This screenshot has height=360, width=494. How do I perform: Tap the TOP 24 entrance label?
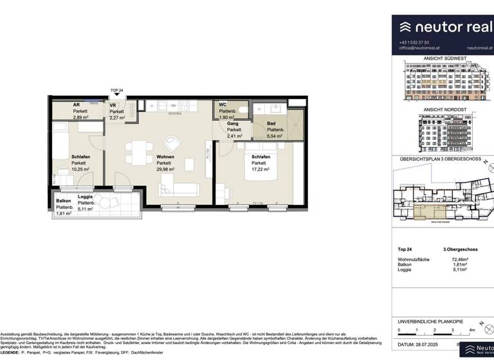click(x=116, y=91)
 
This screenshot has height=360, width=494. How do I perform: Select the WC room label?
click(x=223, y=105)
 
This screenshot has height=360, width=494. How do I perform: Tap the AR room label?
click(x=76, y=105)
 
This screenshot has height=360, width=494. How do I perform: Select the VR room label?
click(x=113, y=105)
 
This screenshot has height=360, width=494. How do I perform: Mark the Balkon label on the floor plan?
click(x=64, y=201)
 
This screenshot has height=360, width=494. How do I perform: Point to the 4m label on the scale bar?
click(x=471, y=330)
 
